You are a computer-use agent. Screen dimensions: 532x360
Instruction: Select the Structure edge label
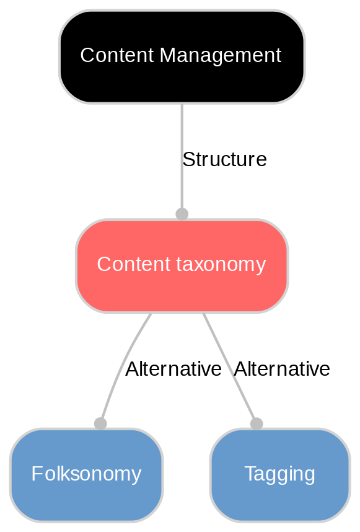click(x=224, y=159)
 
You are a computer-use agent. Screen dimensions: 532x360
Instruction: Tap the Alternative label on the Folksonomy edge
click(x=173, y=369)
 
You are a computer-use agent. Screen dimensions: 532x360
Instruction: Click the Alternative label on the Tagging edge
click(x=282, y=369)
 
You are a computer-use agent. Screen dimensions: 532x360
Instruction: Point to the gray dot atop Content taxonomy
click(x=182, y=214)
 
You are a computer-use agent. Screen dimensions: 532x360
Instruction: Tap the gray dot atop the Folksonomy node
click(x=100, y=423)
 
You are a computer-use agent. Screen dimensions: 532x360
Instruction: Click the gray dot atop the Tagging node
click(x=257, y=423)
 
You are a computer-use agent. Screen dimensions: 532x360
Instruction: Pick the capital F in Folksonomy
click(x=35, y=474)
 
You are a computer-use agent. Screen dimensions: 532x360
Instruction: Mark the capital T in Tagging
click(x=249, y=474)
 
